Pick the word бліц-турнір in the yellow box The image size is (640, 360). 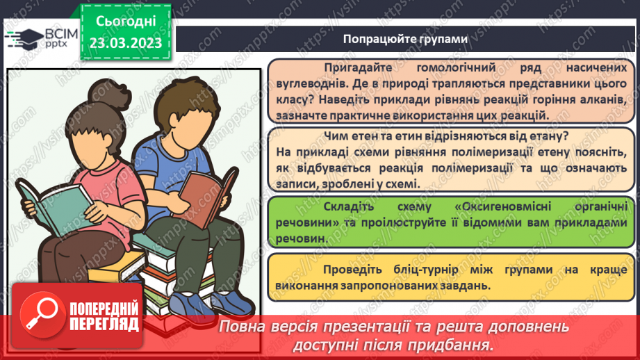pyautogui.click(x=420, y=270)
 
